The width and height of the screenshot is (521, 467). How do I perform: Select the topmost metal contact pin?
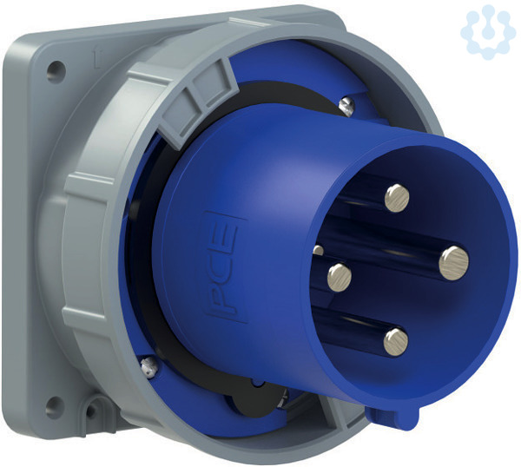tap(397, 198)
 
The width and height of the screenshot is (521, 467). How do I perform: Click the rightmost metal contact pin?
tap(453, 263)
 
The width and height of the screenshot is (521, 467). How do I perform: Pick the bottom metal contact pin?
tap(396, 342)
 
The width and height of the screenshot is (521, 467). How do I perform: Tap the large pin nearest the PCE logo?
tap(340, 278)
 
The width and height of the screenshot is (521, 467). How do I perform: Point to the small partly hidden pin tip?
tap(318, 250)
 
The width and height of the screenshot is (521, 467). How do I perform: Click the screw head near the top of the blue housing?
tap(346, 106)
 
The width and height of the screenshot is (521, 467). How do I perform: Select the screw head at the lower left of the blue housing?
tap(149, 366)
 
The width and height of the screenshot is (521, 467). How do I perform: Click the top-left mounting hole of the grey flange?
tap(56, 71)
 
